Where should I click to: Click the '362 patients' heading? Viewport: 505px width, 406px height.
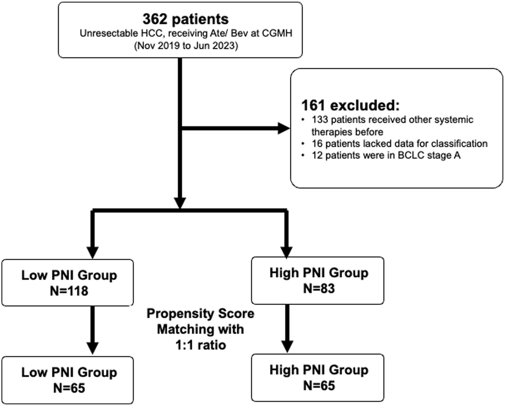(x=186, y=19)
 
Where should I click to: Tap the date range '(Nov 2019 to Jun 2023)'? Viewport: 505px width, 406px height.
(x=186, y=46)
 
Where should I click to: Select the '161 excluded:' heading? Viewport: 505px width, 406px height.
(x=350, y=106)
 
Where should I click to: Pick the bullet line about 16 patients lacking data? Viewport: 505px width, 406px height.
(x=399, y=144)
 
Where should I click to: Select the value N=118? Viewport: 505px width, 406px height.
(x=69, y=291)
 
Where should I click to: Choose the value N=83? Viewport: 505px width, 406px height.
(x=319, y=288)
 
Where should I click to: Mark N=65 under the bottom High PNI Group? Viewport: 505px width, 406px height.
(x=319, y=386)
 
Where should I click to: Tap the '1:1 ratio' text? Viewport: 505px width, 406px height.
(x=201, y=345)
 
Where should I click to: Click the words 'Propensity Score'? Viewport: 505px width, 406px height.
(x=200, y=314)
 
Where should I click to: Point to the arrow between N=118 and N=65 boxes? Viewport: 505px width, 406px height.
(x=93, y=330)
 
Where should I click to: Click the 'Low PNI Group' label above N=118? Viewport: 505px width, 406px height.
(x=69, y=275)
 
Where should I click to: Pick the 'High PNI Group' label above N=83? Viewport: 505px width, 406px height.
(x=319, y=273)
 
